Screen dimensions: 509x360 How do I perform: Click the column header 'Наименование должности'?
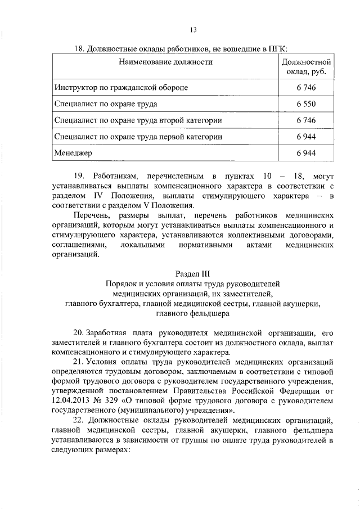point(165,62)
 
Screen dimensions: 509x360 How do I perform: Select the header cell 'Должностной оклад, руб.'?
point(305,67)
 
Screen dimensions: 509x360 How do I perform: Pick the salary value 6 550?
point(305,104)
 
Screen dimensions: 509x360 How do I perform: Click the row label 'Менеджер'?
point(73,152)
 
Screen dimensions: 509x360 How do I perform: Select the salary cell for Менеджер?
point(305,152)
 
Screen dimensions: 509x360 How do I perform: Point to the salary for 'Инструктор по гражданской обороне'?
point(305,88)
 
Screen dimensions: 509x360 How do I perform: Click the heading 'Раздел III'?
point(192,274)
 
